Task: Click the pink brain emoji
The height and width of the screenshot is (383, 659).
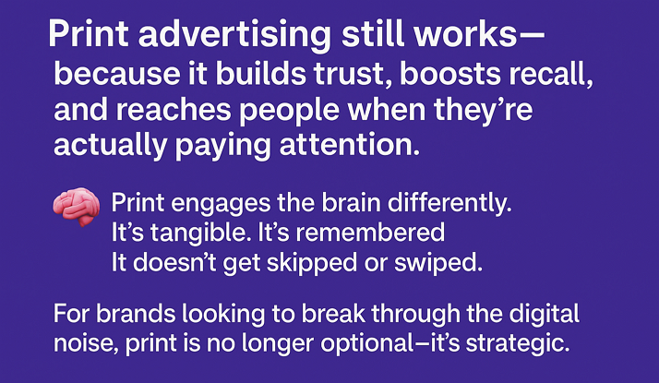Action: [x=77, y=207]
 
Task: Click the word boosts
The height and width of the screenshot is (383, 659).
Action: [x=450, y=74]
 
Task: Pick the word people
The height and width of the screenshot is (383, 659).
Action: [x=289, y=111]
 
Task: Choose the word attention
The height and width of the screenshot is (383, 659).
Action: [x=349, y=145]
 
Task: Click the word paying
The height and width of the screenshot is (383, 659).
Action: [x=222, y=147]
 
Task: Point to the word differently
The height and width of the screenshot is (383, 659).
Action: [x=449, y=203]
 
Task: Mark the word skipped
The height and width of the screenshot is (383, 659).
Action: [x=312, y=264]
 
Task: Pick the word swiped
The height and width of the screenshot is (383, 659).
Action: [x=437, y=264]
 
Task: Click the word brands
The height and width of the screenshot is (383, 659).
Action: [x=136, y=314]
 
